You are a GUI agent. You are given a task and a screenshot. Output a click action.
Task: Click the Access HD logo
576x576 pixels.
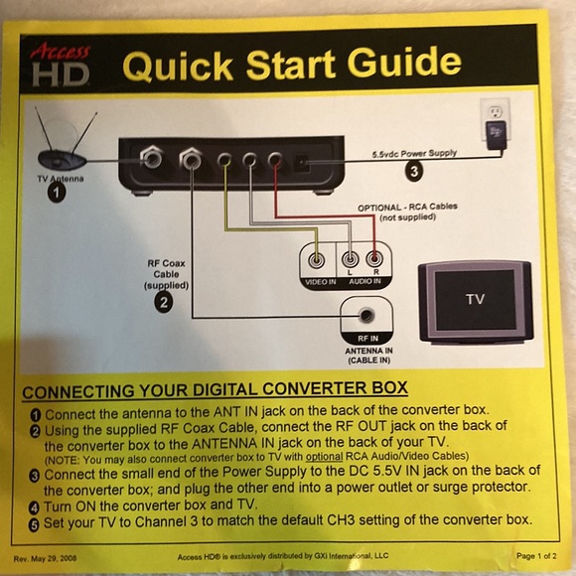(x=61, y=65)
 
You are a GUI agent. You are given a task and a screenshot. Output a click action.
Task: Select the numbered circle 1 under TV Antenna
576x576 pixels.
(x=57, y=193)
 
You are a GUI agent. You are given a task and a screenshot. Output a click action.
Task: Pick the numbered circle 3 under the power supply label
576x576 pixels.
(x=414, y=170)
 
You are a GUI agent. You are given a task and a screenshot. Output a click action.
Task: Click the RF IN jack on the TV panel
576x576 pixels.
(x=368, y=315)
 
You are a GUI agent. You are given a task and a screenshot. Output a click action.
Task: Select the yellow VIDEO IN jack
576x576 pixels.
(x=318, y=261)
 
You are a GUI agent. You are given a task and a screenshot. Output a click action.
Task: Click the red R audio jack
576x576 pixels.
(x=373, y=261)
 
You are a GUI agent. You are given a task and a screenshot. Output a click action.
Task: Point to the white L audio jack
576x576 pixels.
(x=349, y=261)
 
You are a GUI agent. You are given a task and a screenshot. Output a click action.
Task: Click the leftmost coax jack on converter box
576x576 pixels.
(x=152, y=156)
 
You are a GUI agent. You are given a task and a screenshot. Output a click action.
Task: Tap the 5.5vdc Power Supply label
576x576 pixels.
(x=414, y=154)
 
